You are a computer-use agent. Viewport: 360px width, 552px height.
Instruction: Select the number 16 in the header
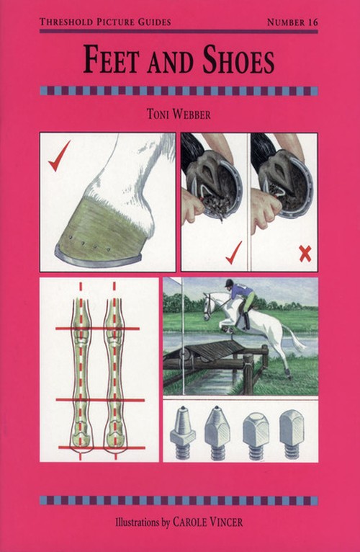312,22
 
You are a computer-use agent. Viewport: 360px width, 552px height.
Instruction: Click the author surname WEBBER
193,115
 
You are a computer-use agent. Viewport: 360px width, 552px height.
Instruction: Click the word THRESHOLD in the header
66,22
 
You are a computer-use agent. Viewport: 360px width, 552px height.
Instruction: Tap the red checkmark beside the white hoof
59,156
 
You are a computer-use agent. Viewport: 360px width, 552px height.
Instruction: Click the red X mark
305,254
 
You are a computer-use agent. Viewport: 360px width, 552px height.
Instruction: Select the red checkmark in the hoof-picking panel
234,253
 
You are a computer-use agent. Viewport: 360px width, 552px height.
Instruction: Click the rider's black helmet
230,282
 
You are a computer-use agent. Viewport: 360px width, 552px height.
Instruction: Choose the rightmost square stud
292,434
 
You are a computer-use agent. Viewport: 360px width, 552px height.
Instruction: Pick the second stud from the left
217,432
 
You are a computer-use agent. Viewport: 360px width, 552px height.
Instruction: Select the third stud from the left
256,435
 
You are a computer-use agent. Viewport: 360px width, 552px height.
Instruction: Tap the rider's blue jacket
243,290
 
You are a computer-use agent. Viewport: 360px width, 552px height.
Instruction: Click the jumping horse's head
210,305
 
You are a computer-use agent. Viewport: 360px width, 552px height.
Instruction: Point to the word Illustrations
138,522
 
